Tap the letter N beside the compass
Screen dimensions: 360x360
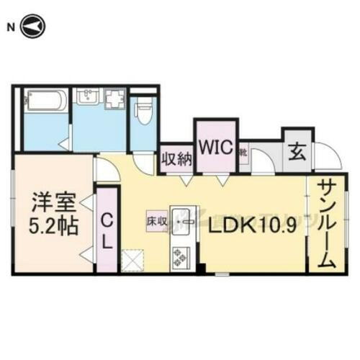[x=10, y=27]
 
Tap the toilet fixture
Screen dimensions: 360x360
[x=144, y=108]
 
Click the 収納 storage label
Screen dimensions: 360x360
[x=176, y=158]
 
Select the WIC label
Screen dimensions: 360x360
[x=214, y=147]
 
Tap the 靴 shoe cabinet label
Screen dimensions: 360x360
[x=244, y=152]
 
